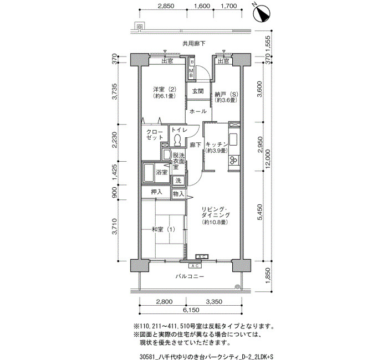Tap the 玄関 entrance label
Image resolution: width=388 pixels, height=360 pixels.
pos(198,91)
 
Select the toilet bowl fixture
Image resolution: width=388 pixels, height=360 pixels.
pos(177,140)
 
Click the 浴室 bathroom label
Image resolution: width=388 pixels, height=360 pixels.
pos(162,172)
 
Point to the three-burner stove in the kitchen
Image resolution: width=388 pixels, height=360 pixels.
pos(233,160)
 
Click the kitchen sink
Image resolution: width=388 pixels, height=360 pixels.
pos(233,139)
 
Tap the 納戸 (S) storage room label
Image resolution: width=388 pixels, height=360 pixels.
pos(226,94)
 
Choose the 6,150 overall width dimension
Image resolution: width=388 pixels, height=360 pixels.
pos(191,310)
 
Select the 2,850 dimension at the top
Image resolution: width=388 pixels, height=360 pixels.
pos(166,6)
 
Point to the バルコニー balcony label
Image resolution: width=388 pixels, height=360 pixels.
pos(190,276)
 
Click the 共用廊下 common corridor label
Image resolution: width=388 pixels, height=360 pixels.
pos(194,44)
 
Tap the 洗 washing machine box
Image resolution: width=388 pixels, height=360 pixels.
pos(178,181)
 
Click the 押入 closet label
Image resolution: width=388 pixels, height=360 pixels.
pos(157,192)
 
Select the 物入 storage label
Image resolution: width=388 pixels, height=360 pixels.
pos(178,194)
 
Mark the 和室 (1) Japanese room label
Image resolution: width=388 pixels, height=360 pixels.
pos(164,229)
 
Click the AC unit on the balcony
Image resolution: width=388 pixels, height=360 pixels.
pos(195,266)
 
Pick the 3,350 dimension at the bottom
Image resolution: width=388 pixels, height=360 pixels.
pos(214,302)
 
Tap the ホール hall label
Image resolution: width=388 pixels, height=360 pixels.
pos(198,111)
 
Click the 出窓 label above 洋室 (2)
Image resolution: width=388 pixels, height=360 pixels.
pos(167,61)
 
